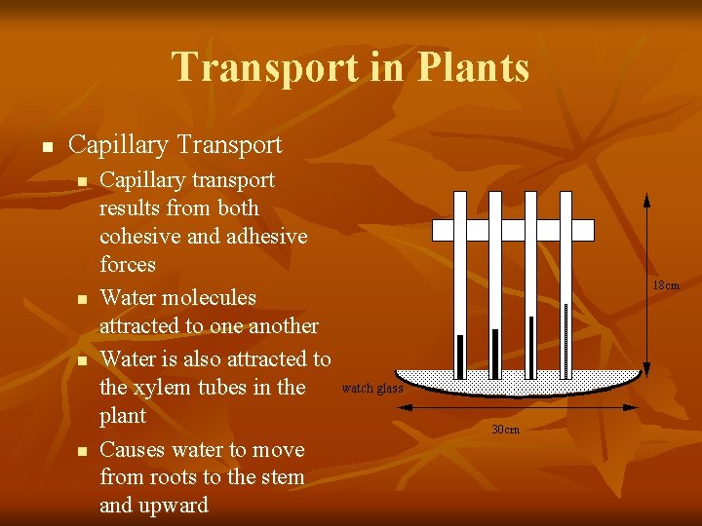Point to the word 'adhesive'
(x=264, y=236)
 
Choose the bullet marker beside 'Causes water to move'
(x=83, y=451)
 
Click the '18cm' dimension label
(x=666, y=285)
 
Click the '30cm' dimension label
(x=505, y=430)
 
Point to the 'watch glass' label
(x=372, y=389)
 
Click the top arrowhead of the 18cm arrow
(x=644, y=197)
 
